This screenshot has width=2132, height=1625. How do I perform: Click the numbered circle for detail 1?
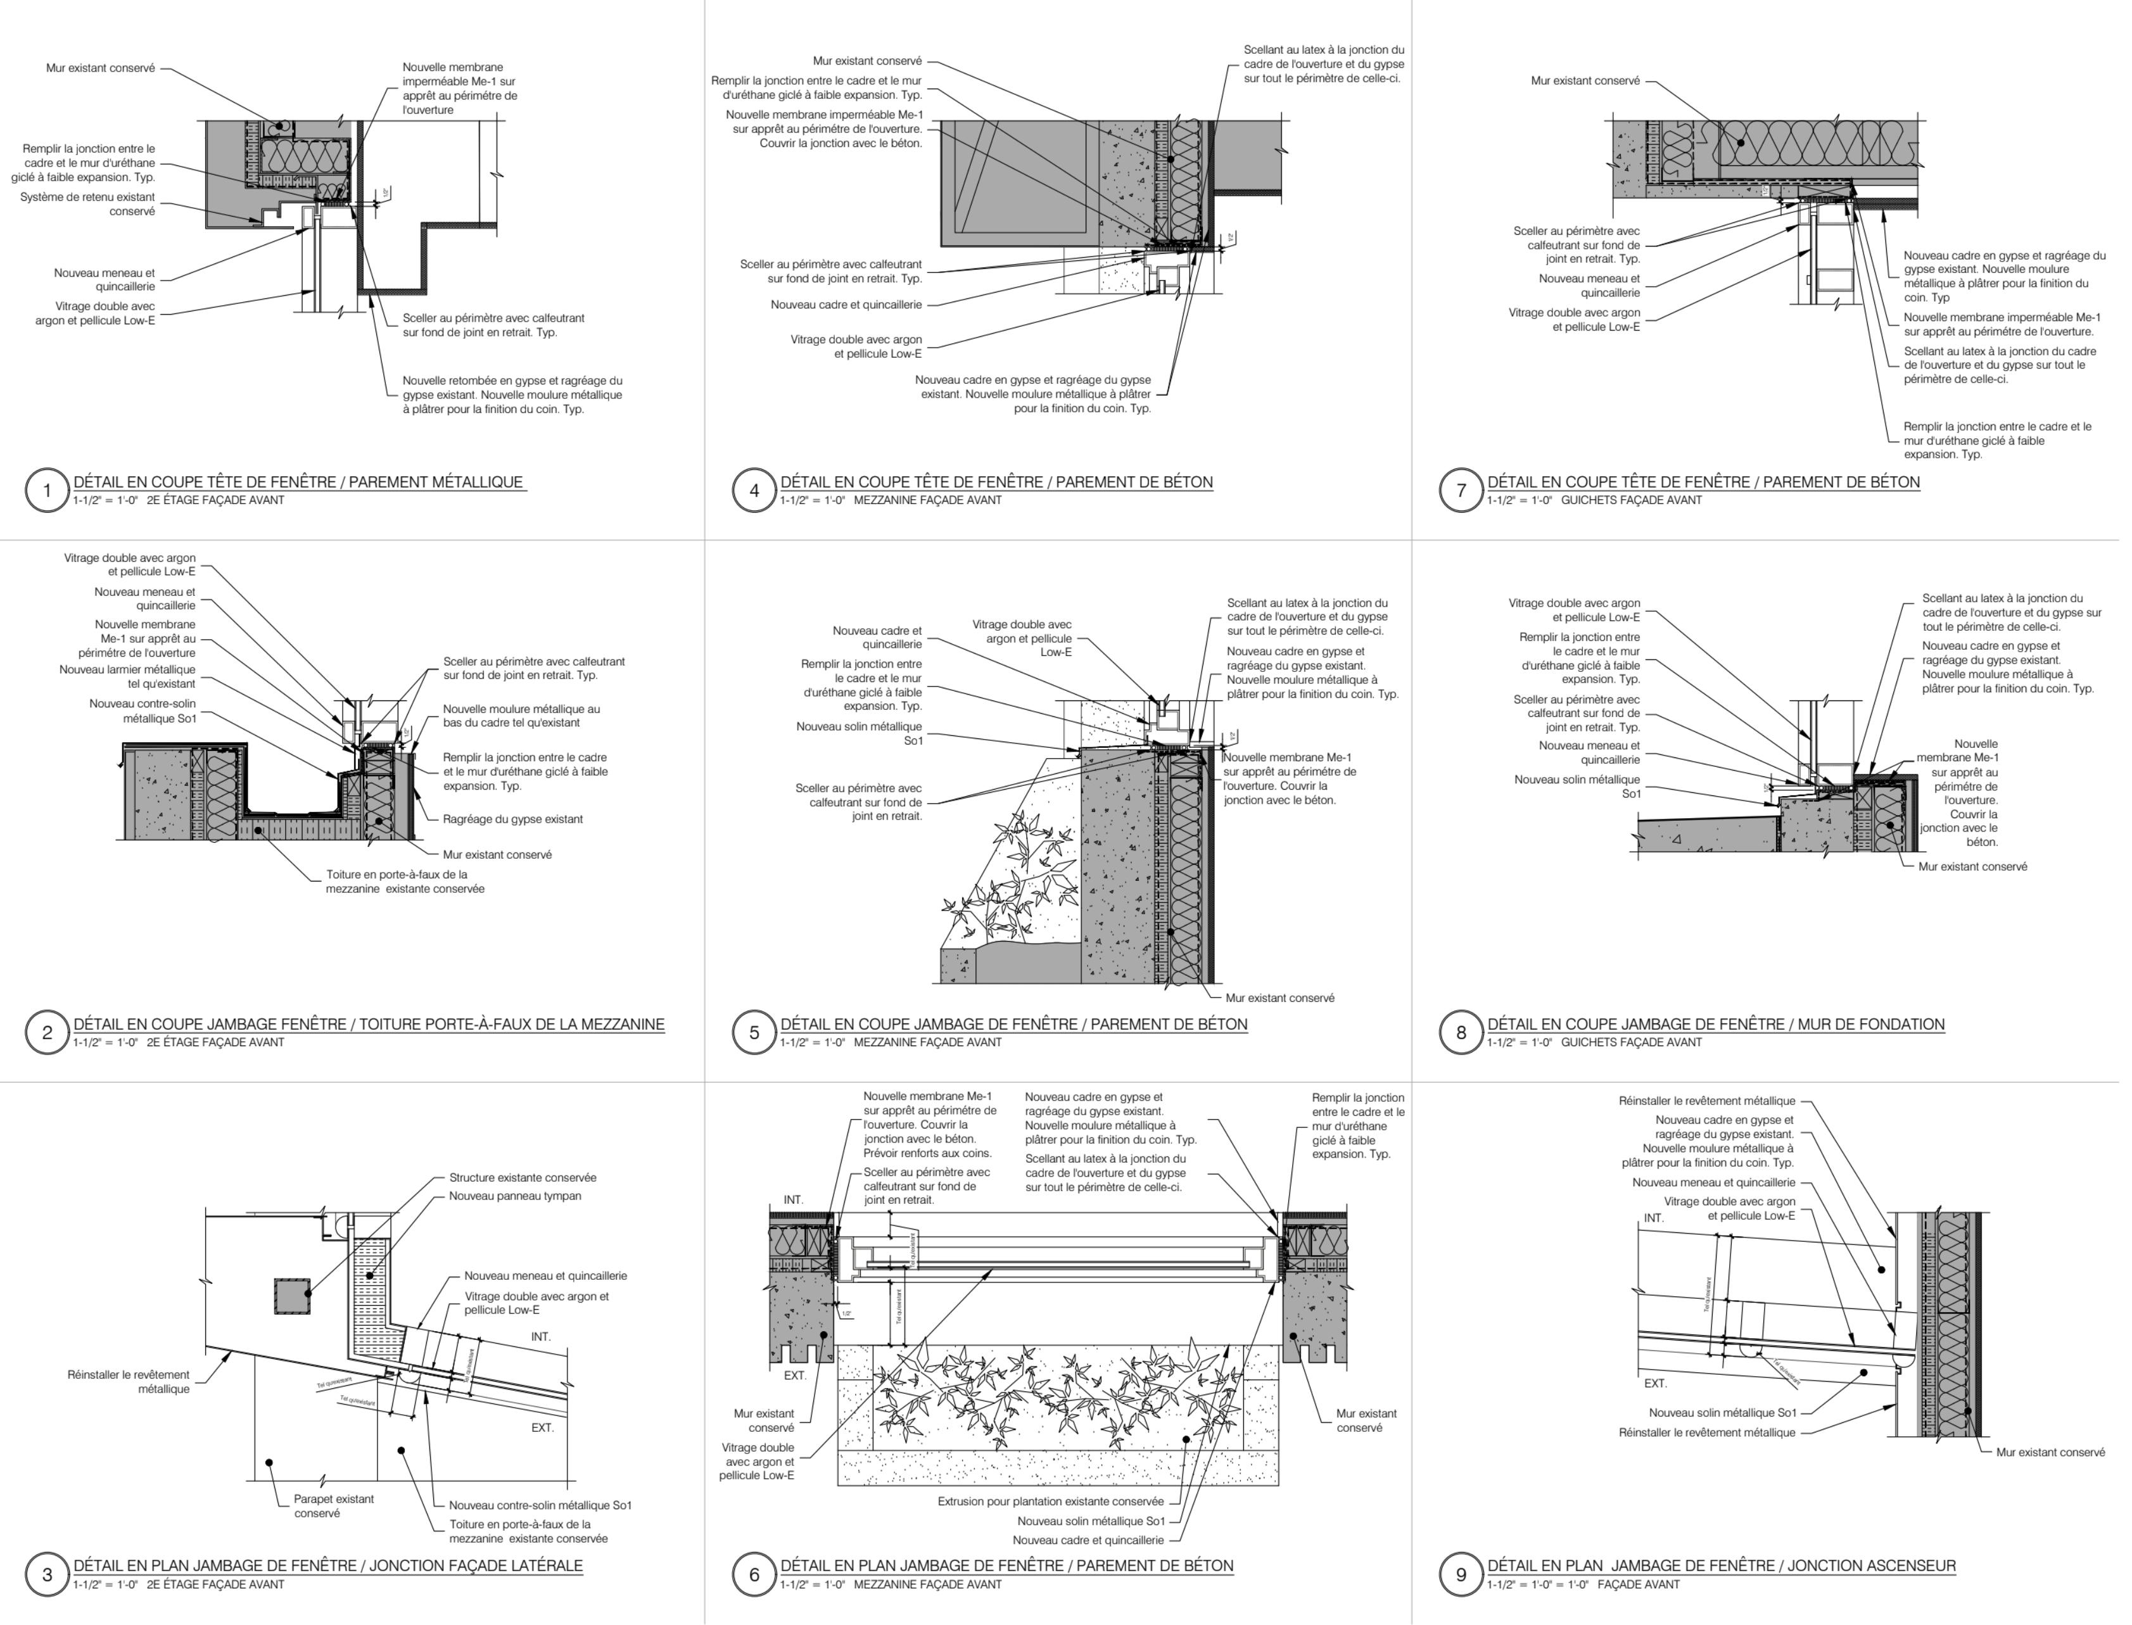click(46, 490)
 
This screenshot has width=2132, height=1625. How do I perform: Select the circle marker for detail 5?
click(754, 1032)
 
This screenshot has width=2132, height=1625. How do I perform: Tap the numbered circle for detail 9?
click(1461, 1574)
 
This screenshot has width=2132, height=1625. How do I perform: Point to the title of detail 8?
click(1715, 1024)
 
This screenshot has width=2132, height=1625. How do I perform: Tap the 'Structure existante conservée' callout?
click(523, 1178)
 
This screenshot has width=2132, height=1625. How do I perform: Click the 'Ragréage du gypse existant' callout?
click(512, 819)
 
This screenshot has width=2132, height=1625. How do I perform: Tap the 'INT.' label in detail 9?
click(1654, 1218)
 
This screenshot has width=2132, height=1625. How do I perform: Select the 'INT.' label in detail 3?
click(541, 1337)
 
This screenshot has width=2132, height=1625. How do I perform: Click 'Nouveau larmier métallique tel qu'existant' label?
click(128, 677)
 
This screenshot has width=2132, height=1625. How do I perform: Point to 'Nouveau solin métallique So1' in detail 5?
click(859, 733)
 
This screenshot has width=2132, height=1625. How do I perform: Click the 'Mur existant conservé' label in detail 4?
click(866, 61)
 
